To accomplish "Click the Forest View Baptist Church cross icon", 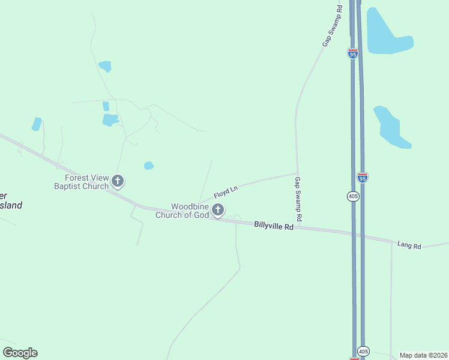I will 118,180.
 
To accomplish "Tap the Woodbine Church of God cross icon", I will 218,209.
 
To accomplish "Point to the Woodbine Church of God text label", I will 182,211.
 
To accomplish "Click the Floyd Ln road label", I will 226,192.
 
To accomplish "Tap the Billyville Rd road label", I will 274,226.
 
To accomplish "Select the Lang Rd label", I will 409,245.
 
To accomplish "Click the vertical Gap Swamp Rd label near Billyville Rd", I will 298,197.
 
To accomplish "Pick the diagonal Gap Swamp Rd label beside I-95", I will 332,26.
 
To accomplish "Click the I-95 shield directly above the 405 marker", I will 362,177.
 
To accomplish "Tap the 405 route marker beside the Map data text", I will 363,351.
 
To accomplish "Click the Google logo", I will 20,353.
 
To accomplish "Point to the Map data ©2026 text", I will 423,355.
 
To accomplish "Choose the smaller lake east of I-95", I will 391,127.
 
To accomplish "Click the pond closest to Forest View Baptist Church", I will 149,166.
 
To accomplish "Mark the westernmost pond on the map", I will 37,124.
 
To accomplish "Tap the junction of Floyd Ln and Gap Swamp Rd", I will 297,173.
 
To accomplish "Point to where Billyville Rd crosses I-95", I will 357,234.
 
